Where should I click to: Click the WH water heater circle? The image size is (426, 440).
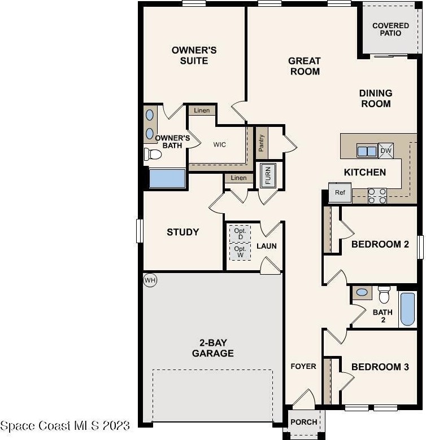click(150, 280)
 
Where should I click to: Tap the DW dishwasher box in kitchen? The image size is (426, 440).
click(386, 151)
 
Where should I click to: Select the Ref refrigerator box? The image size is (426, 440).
click(340, 192)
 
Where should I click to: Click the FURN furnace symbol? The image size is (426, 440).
click(268, 175)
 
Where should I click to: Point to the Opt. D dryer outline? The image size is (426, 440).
click(240, 234)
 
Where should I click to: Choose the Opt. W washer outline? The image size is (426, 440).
click(240, 252)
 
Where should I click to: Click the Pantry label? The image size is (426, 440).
click(262, 143)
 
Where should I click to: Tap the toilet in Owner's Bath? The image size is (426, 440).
click(153, 154)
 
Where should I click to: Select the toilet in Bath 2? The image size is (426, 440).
click(384, 294)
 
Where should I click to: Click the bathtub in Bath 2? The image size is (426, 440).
click(408, 309)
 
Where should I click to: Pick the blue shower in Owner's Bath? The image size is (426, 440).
click(167, 178)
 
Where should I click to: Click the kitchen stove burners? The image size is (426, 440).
click(377, 196)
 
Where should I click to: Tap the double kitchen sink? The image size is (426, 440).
click(367, 151)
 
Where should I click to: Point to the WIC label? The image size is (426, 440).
click(219, 144)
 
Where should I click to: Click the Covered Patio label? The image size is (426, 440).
click(390, 29)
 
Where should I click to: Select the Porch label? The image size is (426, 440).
click(304, 422)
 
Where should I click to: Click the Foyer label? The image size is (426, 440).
click(303, 366)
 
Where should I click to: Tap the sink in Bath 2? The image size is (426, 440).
click(362, 292)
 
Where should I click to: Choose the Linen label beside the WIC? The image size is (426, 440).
click(202, 110)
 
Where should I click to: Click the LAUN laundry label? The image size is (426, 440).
click(267, 246)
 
